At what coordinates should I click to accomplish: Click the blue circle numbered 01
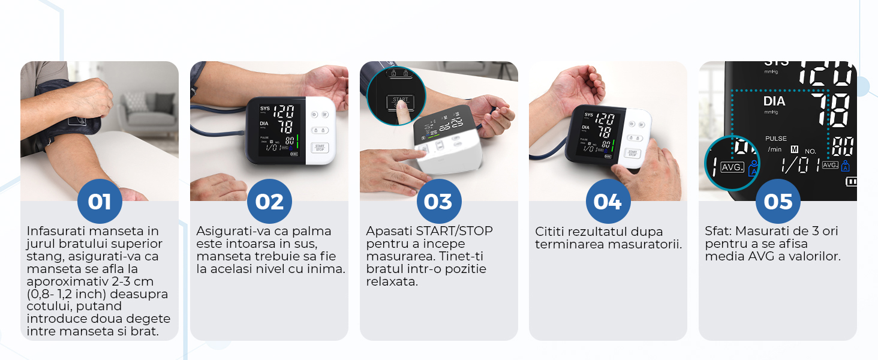click(x=100, y=202)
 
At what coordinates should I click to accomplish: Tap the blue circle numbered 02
click(x=269, y=202)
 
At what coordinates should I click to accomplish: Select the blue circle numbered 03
click(x=439, y=202)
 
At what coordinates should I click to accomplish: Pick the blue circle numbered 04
click(x=608, y=202)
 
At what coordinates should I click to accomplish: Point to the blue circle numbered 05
click(x=778, y=202)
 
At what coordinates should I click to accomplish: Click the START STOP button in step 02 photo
click(x=320, y=148)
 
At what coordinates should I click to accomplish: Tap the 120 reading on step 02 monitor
click(x=284, y=112)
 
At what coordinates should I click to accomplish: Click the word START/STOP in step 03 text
click(x=454, y=231)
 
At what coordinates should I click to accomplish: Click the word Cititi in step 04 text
click(x=550, y=232)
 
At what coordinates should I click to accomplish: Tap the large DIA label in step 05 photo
click(x=774, y=101)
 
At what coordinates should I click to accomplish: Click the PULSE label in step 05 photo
click(x=775, y=139)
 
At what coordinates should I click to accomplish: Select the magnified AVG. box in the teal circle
click(x=732, y=167)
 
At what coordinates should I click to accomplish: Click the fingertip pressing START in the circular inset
click(x=400, y=106)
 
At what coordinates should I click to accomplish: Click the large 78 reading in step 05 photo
click(x=830, y=110)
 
